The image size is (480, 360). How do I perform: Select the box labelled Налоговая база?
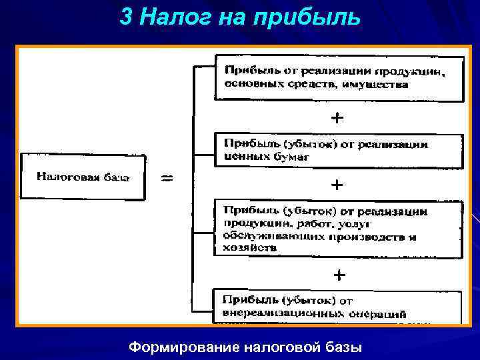pos(82,177)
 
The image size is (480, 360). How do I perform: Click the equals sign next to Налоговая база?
pos(168,178)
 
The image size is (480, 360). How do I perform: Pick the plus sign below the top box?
pos(339,118)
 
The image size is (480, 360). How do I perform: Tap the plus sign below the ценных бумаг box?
pos(339,183)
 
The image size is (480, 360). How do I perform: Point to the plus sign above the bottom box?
pos(339,274)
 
